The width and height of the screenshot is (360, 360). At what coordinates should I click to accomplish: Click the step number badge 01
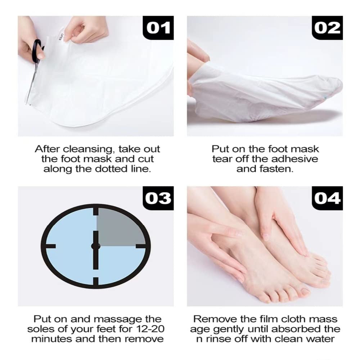pyautogui.click(x=159, y=28)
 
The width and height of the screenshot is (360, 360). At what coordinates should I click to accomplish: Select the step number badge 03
pyautogui.click(x=159, y=198)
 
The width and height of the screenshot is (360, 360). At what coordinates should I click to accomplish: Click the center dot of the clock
pyautogui.click(x=96, y=246)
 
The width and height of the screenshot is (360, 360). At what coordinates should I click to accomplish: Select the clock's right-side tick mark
pyautogui.click(x=141, y=246)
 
